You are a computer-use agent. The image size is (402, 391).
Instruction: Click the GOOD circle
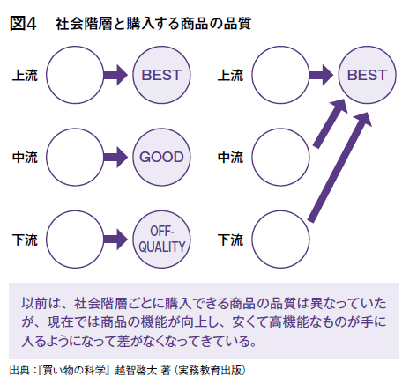pyautogui.click(x=161, y=157)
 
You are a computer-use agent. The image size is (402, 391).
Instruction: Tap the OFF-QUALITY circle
pyautogui.click(x=161, y=240)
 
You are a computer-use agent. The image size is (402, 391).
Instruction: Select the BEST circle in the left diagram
pyautogui.click(x=161, y=75)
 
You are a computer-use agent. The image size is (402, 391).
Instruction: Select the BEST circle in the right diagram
pyautogui.click(x=367, y=75)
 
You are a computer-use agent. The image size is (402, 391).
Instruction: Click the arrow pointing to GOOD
pyautogui.click(x=115, y=157)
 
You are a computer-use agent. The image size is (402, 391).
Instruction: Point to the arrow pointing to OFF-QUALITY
pyautogui.click(x=115, y=240)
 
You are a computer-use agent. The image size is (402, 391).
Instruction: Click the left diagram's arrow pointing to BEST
pyautogui.click(x=115, y=75)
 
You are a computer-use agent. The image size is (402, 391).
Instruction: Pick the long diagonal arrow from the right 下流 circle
pyautogui.click(x=339, y=167)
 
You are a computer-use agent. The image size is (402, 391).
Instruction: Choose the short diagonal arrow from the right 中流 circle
pyautogui.click(x=331, y=123)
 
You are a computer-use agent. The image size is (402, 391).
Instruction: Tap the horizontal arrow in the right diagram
pyautogui.click(x=321, y=75)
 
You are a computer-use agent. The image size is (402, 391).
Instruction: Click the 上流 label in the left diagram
pyautogui.click(x=25, y=75)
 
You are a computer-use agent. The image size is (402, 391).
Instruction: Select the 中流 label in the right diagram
pyautogui.click(x=230, y=158)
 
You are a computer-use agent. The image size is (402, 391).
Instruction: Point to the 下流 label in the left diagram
pyautogui.click(x=25, y=240)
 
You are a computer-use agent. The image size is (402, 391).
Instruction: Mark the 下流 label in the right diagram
pyautogui.click(x=230, y=240)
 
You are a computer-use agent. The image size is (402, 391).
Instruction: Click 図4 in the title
pyautogui.click(x=23, y=24)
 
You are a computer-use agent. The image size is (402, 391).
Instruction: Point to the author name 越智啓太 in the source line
pyautogui.click(x=136, y=370)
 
